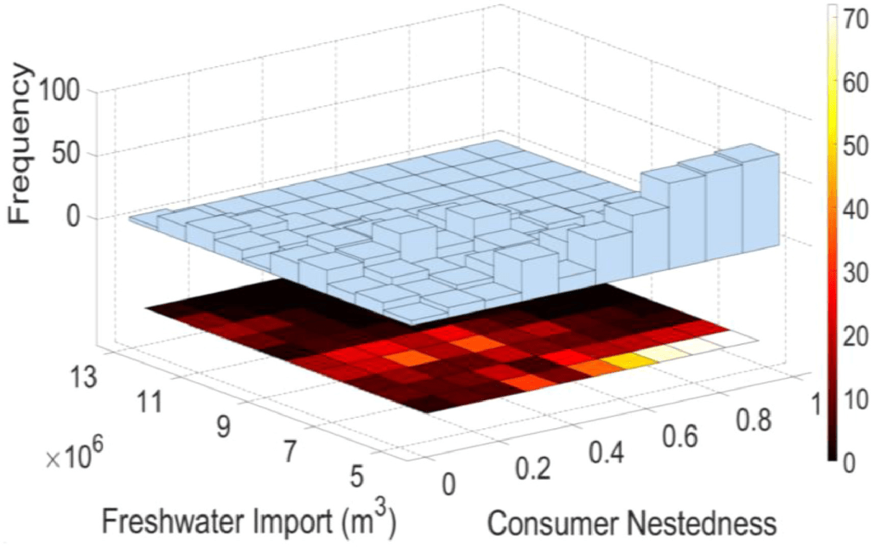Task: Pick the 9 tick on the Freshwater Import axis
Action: coord(224,424)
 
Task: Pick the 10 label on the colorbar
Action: coord(851,399)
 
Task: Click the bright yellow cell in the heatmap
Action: coord(629,361)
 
